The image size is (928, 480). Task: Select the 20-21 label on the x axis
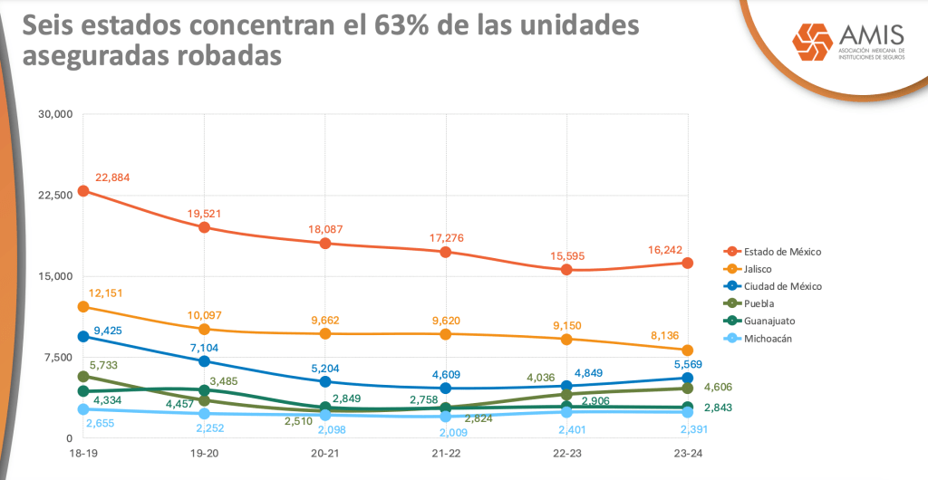pos(325,453)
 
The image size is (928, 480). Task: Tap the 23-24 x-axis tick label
pos(687,453)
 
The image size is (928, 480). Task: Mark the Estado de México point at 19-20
pos(204,227)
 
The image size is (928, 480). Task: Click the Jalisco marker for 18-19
pos(83,307)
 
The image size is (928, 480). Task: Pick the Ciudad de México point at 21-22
pos(446,389)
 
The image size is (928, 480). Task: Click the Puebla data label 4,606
pos(718,387)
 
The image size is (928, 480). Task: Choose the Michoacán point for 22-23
pos(566,412)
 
